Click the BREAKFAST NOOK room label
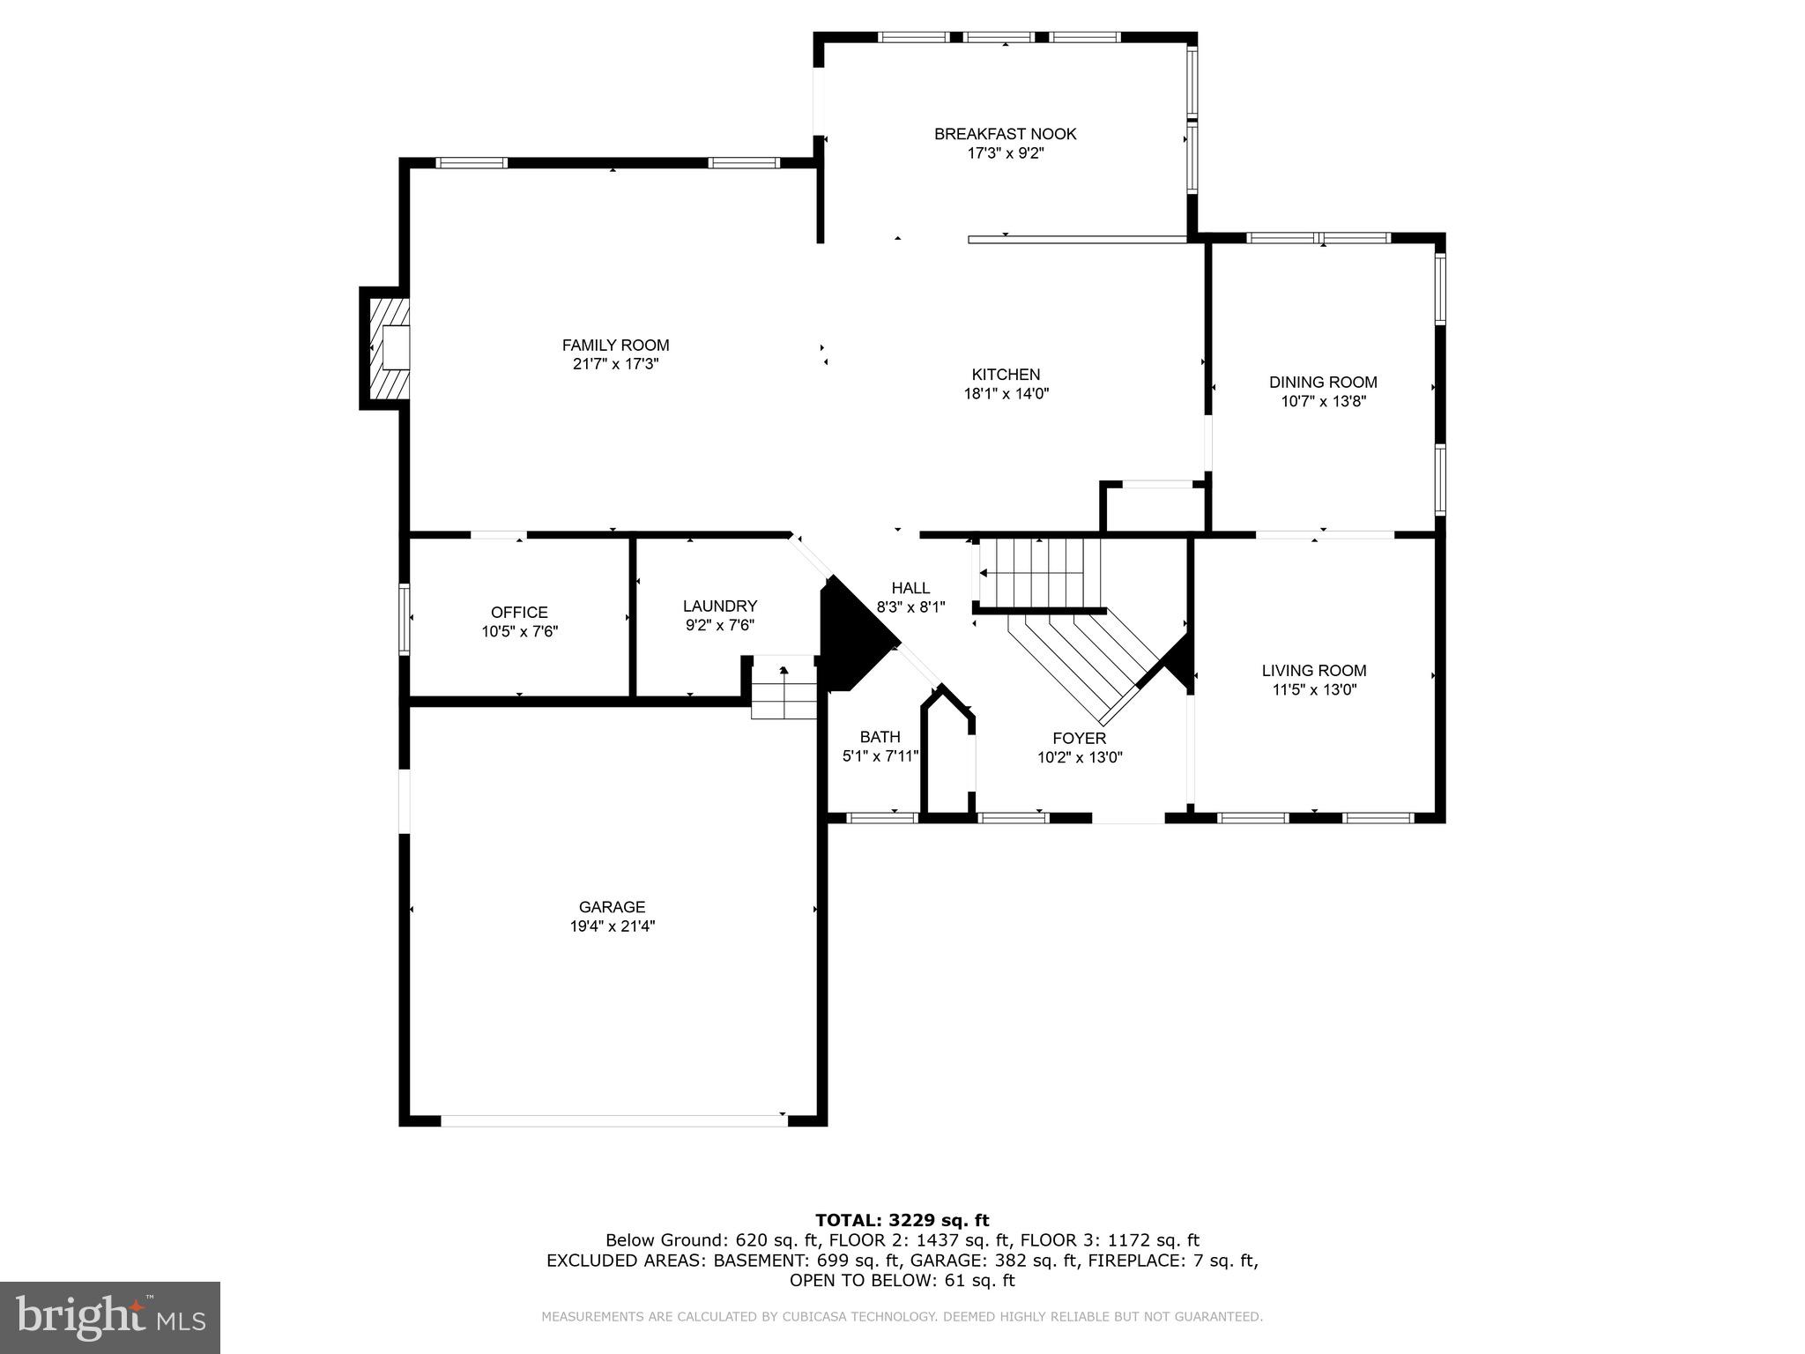click(x=1005, y=134)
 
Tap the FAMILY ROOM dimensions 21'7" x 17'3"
click(x=615, y=364)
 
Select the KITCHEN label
click(x=1006, y=375)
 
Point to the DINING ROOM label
click(x=1323, y=382)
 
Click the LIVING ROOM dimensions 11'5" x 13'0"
click(x=1313, y=689)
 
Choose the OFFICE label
click(x=519, y=612)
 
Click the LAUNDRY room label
click(x=719, y=606)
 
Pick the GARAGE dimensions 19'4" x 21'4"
click(x=612, y=926)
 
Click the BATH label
click(x=880, y=737)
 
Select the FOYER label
click(x=1079, y=738)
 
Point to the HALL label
click(x=910, y=588)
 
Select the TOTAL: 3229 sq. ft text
click(x=902, y=1220)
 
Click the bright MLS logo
click(x=110, y=1317)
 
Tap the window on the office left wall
click(x=405, y=618)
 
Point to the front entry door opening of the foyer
click(x=1128, y=818)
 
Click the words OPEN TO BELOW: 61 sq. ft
click(x=902, y=1280)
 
